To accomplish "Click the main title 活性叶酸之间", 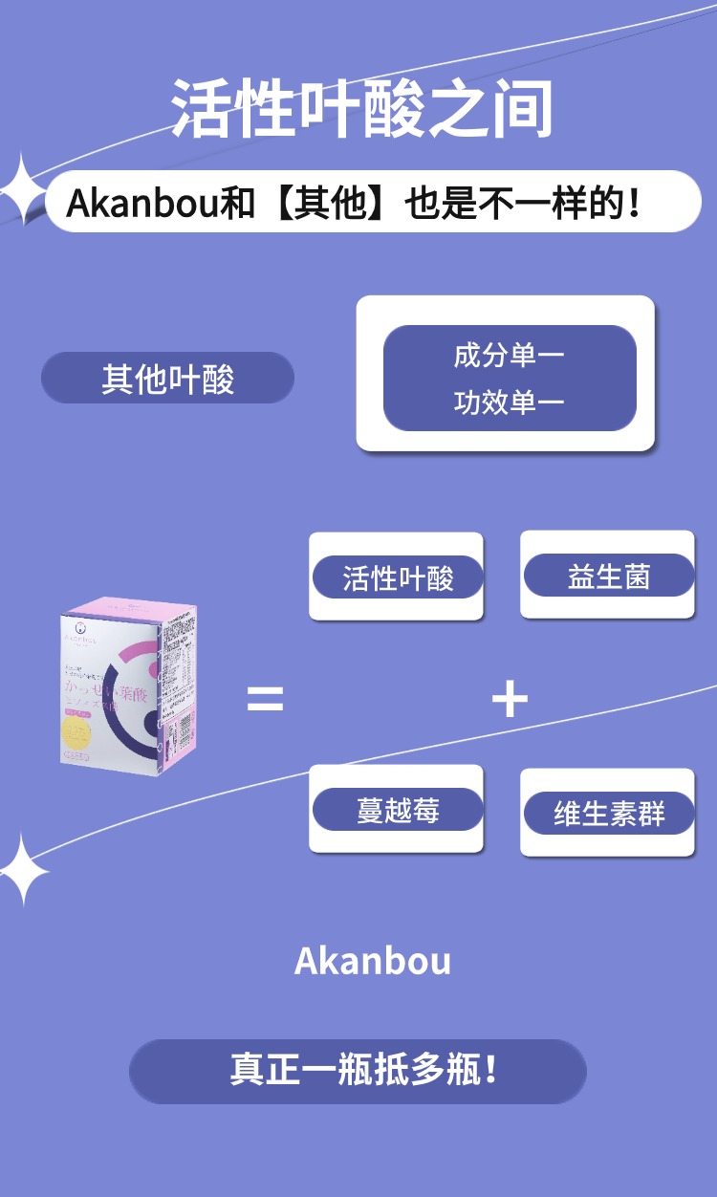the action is pyautogui.click(x=362, y=107).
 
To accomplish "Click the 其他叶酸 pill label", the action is pyautogui.click(x=167, y=379).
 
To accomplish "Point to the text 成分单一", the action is pyautogui.click(x=509, y=357).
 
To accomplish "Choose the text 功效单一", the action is pyautogui.click(x=509, y=403).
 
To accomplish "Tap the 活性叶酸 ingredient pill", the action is pyautogui.click(x=397, y=577).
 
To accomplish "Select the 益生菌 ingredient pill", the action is pyautogui.click(x=608, y=576).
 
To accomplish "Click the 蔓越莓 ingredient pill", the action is pyautogui.click(x=397, y=810).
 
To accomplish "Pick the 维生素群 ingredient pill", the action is pyautogui.click(x=608, y=814).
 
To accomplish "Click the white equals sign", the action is pyautogui.click(x=265, y=699).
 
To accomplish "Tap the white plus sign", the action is pyautogui.click(x=510, y=699).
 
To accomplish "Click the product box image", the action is pyautogui.click(x=128, y=681).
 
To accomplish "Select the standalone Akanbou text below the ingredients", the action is pyautogui.click(x=372, y=961).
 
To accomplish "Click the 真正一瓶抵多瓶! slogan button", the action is pyautogui.click(x=358, y=1071).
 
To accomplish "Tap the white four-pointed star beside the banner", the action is pyautogui.click(x=21, y=190).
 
